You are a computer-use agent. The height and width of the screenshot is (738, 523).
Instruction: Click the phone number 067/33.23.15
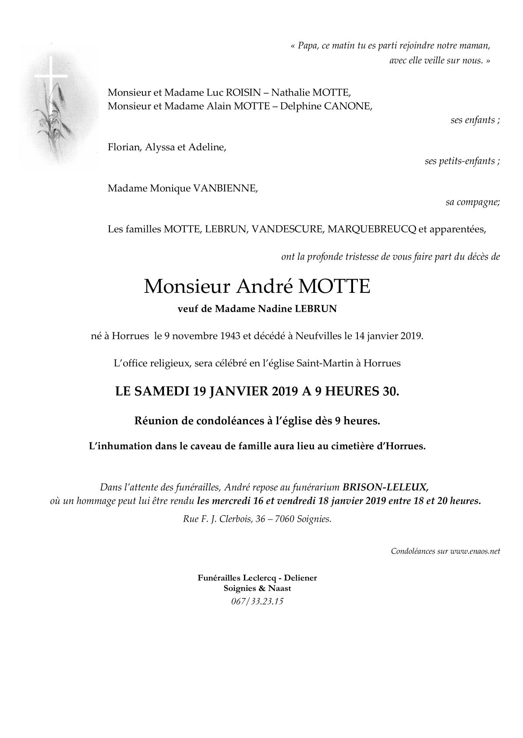(x=258, y=601)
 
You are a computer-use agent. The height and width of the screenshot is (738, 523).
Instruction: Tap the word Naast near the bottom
(x=279, y=589)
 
